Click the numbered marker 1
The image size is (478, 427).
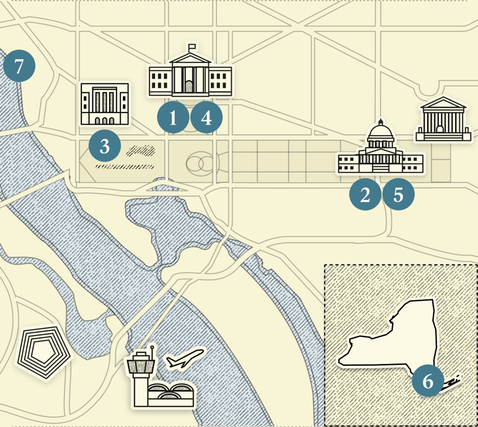tap(173, 118)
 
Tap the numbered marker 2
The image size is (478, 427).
tap(365, 194)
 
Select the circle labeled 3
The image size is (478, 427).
tap(105, 146)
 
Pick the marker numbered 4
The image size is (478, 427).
tap(206, 118)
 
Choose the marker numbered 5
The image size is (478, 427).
tap(398, 194)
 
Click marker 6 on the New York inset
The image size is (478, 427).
tap(428, 381)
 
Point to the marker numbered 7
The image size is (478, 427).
tap(19, 66)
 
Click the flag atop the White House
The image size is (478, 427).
tap(192, 46)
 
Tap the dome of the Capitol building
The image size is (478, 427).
tap(381, 133)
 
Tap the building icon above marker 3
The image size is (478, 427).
tap(104, 104)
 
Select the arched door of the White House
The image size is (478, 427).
tap(190, 86)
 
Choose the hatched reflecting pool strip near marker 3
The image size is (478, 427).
tap(124, 167)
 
